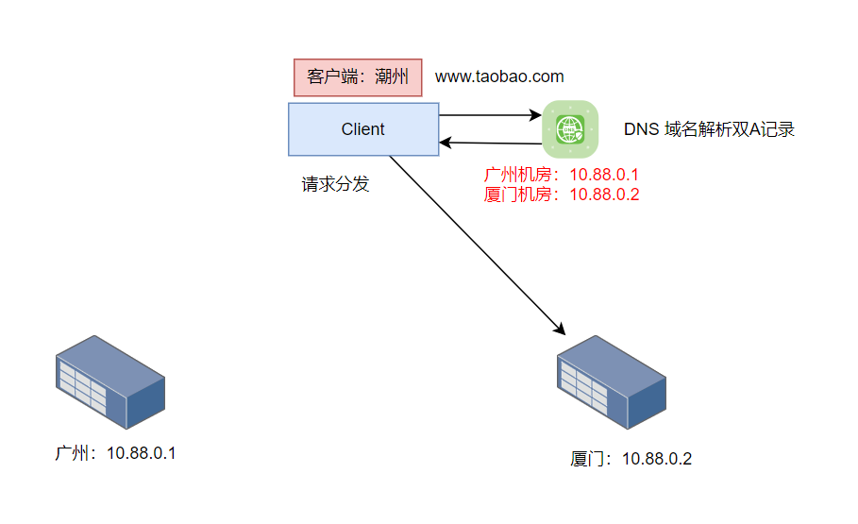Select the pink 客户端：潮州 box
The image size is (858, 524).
(x=357, y=77)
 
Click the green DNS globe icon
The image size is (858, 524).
(x=570, y=128)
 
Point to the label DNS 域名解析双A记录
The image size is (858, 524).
(x=709, y=129)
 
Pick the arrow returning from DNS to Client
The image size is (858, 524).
(x=491, y=144)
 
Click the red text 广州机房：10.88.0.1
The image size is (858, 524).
(x=562, y=176)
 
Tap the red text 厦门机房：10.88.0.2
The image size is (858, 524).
(x=562, y=194)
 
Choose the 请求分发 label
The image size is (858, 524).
(x=335, y=184)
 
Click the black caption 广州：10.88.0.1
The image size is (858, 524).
(x=115, y=453)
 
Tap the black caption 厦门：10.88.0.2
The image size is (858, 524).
(x=631, y=459)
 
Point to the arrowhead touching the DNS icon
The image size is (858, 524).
(x=537, y=115)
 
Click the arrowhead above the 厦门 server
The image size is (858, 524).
(x=560, y=330)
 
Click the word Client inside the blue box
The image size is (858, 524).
(x=363, y=129)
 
